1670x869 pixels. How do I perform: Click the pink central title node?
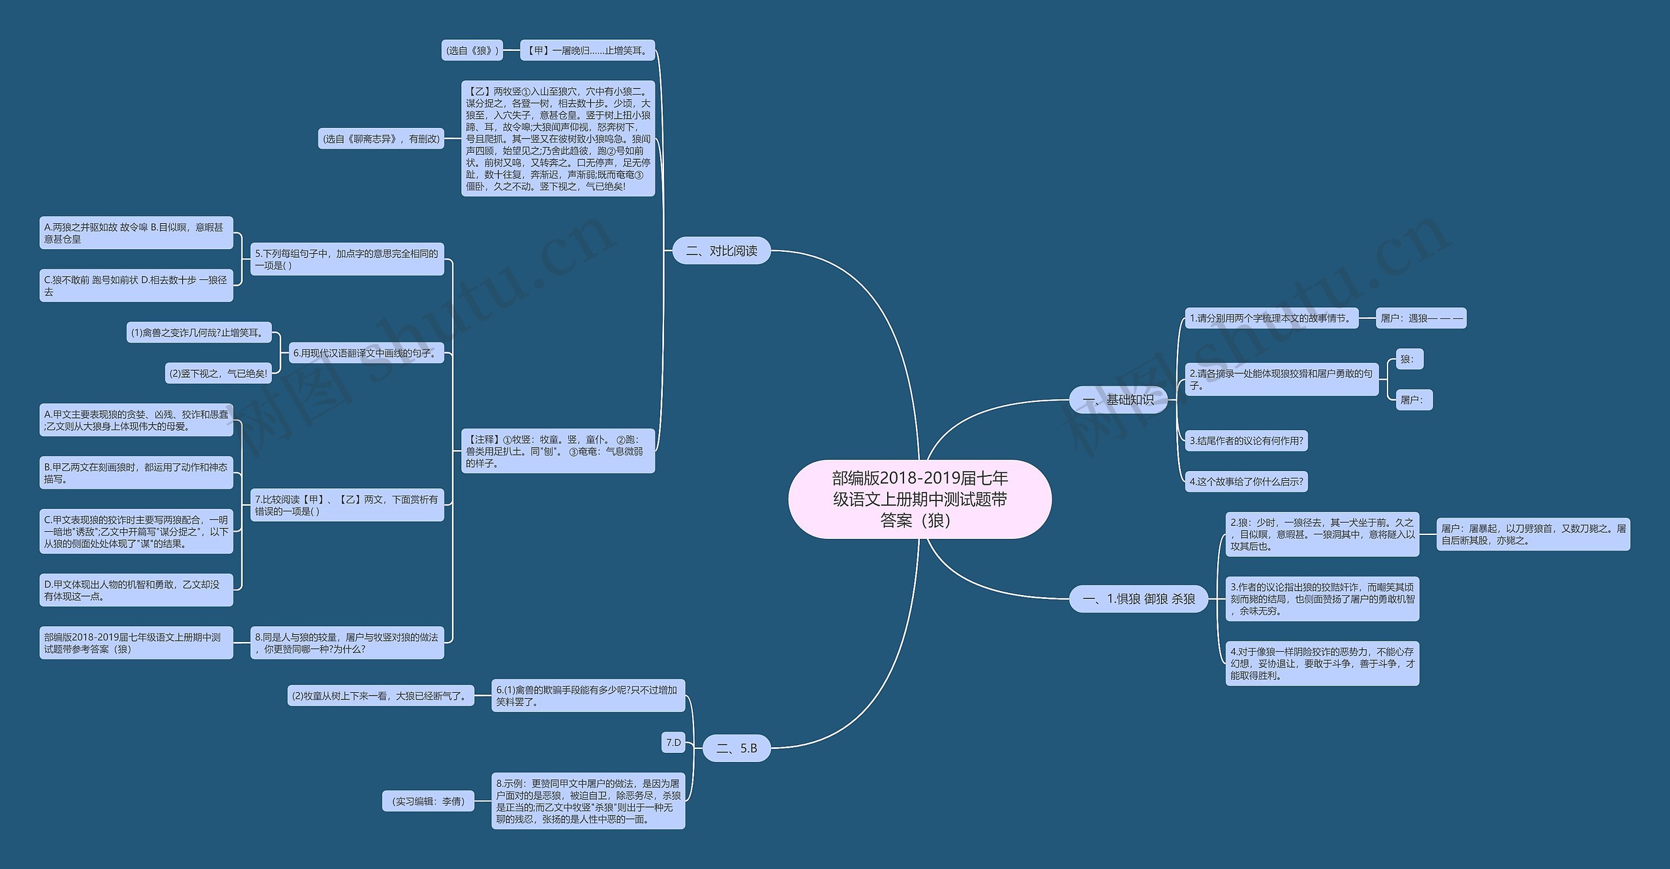(x=920, y=499)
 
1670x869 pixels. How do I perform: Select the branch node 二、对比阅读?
(x=721, y=251)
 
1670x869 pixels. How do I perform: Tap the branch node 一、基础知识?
(x=1118, y=400)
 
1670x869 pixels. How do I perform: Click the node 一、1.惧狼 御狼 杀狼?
(x=1138, y=599)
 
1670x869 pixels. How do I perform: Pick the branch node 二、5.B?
(x=736, y=748)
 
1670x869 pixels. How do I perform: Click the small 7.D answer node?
(x=673, y=742)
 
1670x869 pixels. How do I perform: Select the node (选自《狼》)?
(x=472, y=50)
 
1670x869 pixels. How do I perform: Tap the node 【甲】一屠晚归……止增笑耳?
(x=587, y=50)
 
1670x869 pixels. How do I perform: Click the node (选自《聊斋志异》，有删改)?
(x=381, y=139)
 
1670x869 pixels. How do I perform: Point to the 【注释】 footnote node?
(x=558, y=451)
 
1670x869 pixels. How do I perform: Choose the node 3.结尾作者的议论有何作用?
(x=1246, y=441)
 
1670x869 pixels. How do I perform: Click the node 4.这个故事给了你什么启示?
(x=1246, y=482)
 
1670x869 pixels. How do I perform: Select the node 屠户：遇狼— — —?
(x=1421, y=318)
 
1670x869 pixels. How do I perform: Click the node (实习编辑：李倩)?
(x=428, y=801)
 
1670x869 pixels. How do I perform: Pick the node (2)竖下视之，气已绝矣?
(x=218, y=374)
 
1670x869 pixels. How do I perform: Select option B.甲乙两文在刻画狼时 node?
(x=136, y=473)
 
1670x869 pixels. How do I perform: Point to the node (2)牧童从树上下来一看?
(x=381, y=696)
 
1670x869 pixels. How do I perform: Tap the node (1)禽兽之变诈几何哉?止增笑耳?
(x=198, y=333)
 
